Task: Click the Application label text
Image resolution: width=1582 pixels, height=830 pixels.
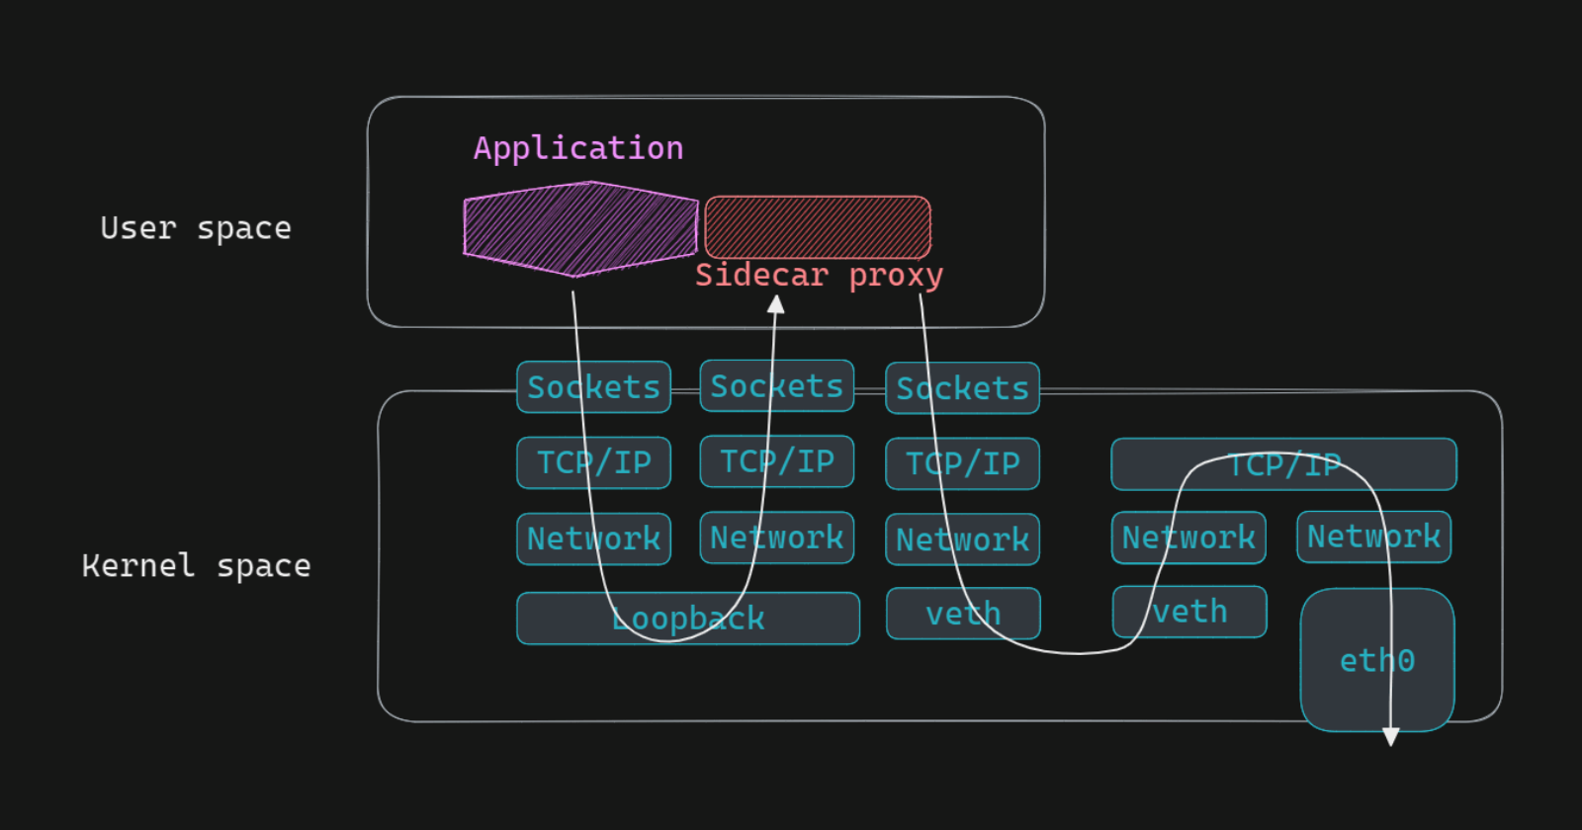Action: click(x=578, y=148)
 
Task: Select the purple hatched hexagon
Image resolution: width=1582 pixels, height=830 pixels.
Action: click(x=580, y=228)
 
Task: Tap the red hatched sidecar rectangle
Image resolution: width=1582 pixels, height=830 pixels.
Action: click(x=818, y=226)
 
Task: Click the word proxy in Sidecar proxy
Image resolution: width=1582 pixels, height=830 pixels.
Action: click(x=896, y=275)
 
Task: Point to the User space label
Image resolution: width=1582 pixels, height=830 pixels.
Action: click(x=196, y=228)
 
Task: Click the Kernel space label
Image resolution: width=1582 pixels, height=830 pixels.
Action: click(x=196, y=566)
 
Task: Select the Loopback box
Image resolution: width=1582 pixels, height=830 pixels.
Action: click(x=688, y=619)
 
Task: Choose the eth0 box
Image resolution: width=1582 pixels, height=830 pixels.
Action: click(x=1377, y=659)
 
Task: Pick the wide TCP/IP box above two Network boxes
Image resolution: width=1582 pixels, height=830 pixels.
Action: click(x=1283, y=464)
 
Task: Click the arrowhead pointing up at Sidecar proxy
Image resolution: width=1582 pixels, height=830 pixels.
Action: click(x=776, y=304)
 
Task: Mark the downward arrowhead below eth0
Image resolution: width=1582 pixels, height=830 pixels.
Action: click(x=1391, y=737)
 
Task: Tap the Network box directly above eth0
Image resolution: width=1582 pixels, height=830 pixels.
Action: click(x=1374, y=537)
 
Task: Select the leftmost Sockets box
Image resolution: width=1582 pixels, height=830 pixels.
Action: click(x=593, y=387)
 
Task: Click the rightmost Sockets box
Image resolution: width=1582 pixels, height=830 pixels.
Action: click(x=962, y=388)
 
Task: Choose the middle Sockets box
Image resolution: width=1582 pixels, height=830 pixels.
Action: click(x=777, y=386)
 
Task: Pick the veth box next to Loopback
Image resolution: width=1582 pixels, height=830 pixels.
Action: click(x=963, y=614)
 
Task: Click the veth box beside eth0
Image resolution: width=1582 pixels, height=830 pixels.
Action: click(x=1189, y=612)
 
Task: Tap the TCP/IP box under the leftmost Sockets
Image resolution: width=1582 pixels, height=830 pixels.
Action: click(x=593, y=462)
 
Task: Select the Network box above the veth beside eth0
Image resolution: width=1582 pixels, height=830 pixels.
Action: click(x=1188, y=538)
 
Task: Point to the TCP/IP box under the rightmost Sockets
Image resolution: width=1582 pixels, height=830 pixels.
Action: click(x=962, y=463)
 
